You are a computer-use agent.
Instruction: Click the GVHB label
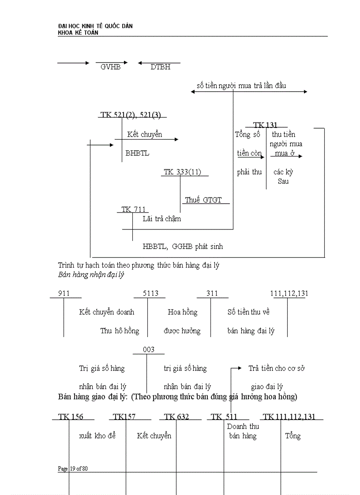point(110,67)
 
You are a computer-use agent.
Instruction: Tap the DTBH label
point(160,67)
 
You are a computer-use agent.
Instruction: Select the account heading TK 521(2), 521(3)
point(131,115)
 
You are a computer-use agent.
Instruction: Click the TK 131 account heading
point(265,125)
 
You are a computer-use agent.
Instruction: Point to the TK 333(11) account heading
point(182,172)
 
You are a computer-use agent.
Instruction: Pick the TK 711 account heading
point(133,210)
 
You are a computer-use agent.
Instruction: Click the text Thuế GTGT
point(203,200)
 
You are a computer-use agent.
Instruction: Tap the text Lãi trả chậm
point(161,219)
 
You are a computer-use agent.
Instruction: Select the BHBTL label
point(137,153)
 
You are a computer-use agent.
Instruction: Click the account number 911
point(64,294)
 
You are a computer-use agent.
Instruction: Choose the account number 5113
point(150,294)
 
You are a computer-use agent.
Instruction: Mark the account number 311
point(212,294)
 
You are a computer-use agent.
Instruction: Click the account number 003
point(149,350)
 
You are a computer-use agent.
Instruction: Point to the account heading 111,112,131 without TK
point(289,294)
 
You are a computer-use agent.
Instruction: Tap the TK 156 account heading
point(70,417)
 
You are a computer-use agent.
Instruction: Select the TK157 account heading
point(124,417)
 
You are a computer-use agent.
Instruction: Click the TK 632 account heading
point(176,417)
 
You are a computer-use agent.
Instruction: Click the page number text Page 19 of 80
point(73,469)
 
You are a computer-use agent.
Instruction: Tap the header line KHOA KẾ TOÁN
point(78,33)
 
